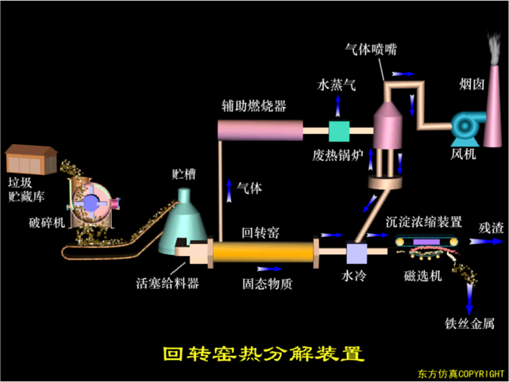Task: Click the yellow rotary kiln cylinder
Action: (x=264, y=252)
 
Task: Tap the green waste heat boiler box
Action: (x=339, y=132)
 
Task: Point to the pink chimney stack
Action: (x=493, y=106)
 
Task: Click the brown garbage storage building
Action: (x=32, y=159)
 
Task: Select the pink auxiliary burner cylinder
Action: (x=260, y=130)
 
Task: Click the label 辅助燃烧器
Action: (x=254, y=106)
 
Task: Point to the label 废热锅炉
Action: (x=337, y=155)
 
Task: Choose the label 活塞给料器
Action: (x=168, y=283)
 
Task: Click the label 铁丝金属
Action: (x=469, y=323)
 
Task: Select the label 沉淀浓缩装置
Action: (x=423, y=222)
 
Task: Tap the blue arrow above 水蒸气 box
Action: (x=338, y=106)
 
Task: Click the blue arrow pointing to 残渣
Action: (x=486, y=241)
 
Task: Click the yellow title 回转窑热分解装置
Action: (x=264, y=353)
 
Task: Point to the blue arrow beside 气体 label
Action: (x=229, y=190)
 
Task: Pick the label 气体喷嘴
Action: (x=371, y=49)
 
